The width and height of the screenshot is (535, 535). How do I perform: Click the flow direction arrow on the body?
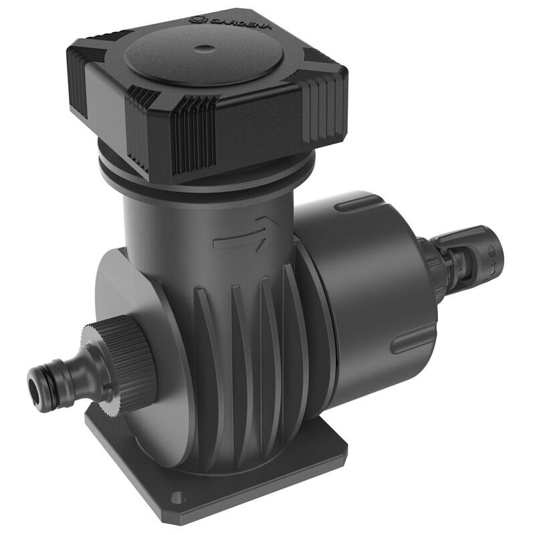click(245, 235)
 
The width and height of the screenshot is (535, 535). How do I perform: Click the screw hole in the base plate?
click(176, 498)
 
